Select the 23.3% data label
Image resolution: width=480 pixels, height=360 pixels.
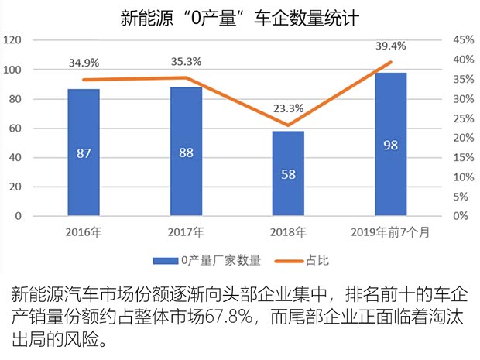pyautogui.click(x=288, y=108)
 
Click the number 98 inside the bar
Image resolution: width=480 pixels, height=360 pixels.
pyautogui.click(x=390, y=146)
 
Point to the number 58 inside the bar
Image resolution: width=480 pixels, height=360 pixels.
pyautogui.click(x=288, y=174)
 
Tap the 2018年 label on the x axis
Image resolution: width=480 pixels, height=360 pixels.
pyautogui.click(x=288, y=231)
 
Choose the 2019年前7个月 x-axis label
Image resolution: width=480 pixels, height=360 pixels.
pyautogui.click(x=390, y=231)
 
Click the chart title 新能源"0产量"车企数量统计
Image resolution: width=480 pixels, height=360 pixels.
pyautogui.click(x=240, y=17)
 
